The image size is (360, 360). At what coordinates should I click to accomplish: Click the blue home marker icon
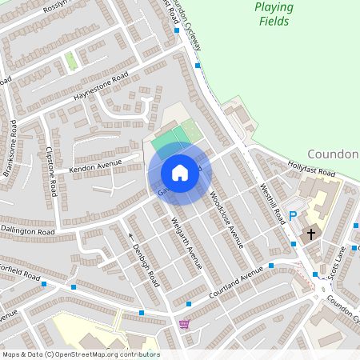(179, 172)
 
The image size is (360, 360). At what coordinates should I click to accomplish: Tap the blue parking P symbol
(293, 216)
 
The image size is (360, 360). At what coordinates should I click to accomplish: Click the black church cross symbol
(311, 234)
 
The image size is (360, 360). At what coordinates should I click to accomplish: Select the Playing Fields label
(274, 14)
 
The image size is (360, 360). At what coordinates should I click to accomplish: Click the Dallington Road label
(27, 230)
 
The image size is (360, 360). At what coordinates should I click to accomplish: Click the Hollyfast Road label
(313, 170)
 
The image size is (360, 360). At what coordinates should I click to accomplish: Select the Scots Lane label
(334, 258)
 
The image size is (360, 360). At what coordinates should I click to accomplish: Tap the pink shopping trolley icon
(186, 324)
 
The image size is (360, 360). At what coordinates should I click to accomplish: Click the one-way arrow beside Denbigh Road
(130, 236)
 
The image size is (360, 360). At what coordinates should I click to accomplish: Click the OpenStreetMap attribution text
(80, 354)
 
